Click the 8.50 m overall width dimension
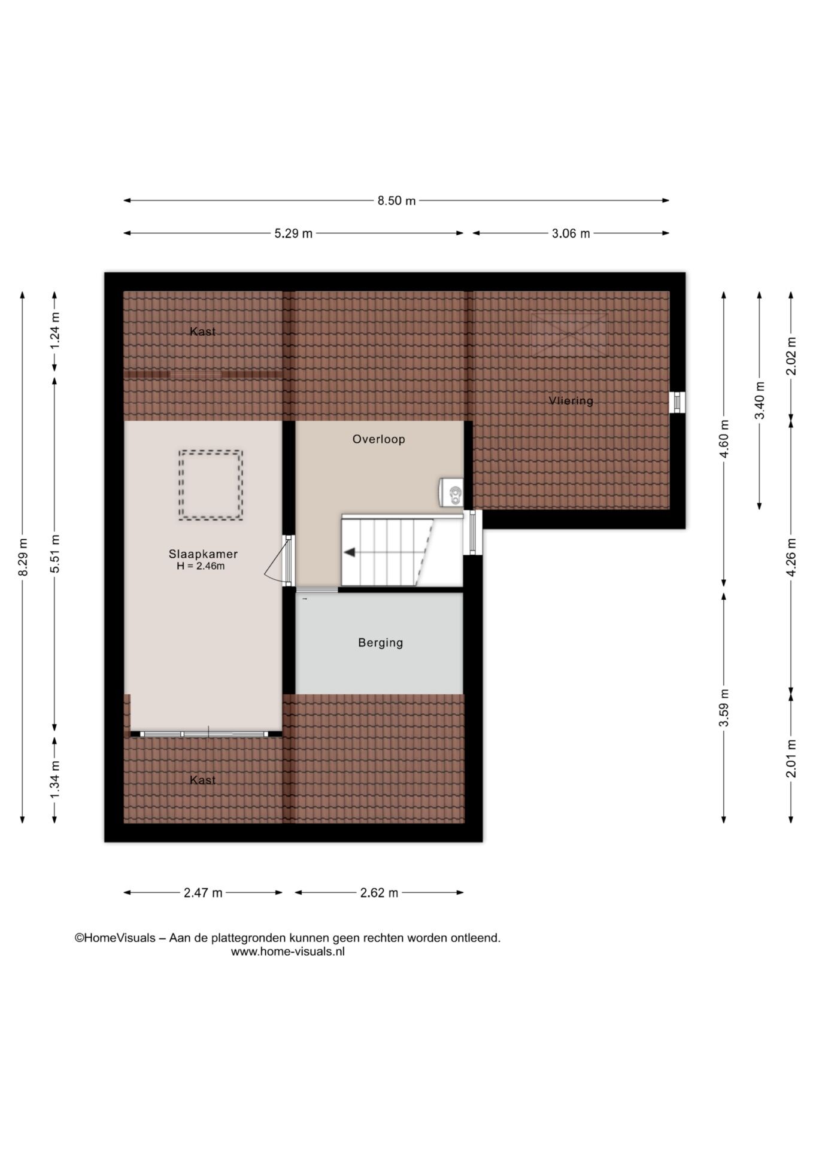[x=396, y=200]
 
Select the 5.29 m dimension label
[x=293, y=233]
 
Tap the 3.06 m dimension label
[x=571, y=233]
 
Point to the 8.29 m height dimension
[x=23, y=557]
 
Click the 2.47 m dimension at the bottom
[x=203, y=893]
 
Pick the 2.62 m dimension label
[x=379, y=893]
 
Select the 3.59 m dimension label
[x=724, y=708]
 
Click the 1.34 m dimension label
[x=55, y=778]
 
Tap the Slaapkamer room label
[x=203, y=554]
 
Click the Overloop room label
[x=378, y=439]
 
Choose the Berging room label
[x=380, y=643]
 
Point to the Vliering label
[x=571, y=400]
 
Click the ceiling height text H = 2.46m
[x=201, y=566]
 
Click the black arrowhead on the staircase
[x=349, y=552]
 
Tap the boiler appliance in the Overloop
[x=451, y=493]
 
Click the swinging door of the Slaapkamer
[x=277, y=560]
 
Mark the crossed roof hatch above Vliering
[x=569, y=335]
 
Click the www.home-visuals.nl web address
[x=288, y=952]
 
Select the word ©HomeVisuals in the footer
[x=115, y=938]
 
